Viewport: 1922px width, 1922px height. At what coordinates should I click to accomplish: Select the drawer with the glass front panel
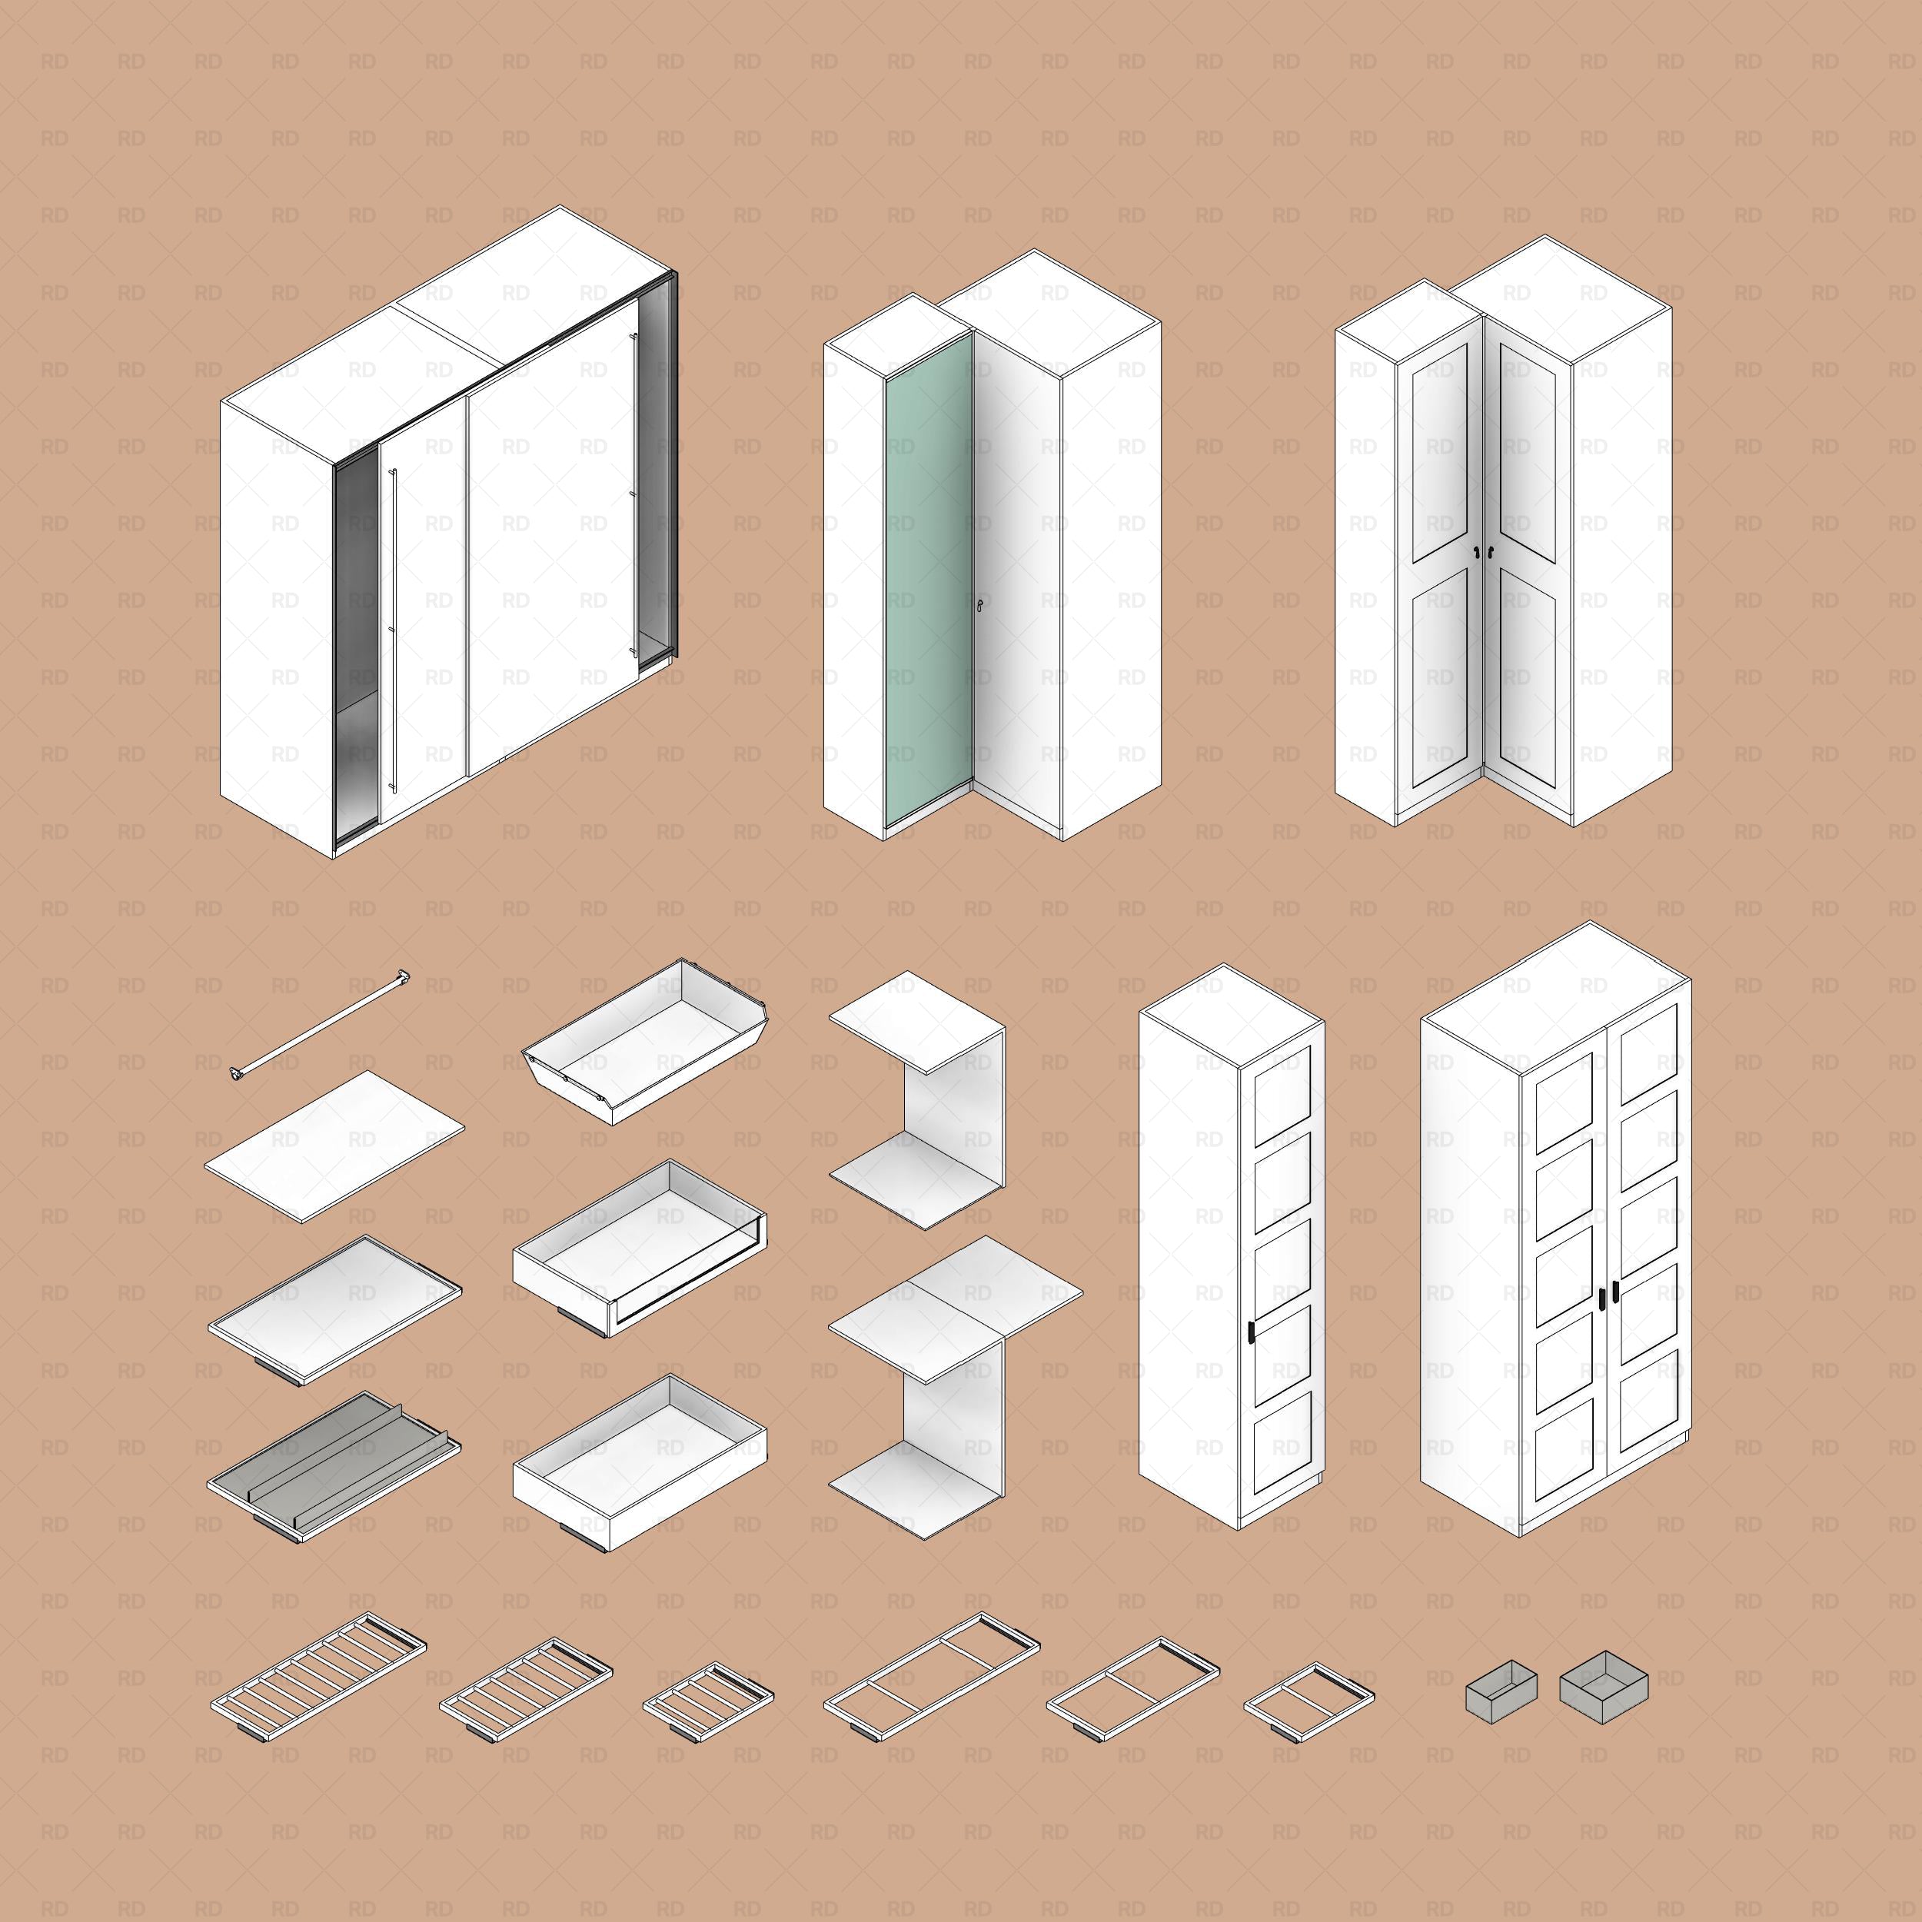[640, 1249]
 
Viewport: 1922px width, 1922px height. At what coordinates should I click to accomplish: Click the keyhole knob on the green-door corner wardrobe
[980, 604]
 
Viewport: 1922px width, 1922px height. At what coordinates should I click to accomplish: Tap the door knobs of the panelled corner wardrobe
[1485, 552]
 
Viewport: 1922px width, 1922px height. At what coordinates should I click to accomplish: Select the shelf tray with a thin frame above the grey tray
[334, 1305]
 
